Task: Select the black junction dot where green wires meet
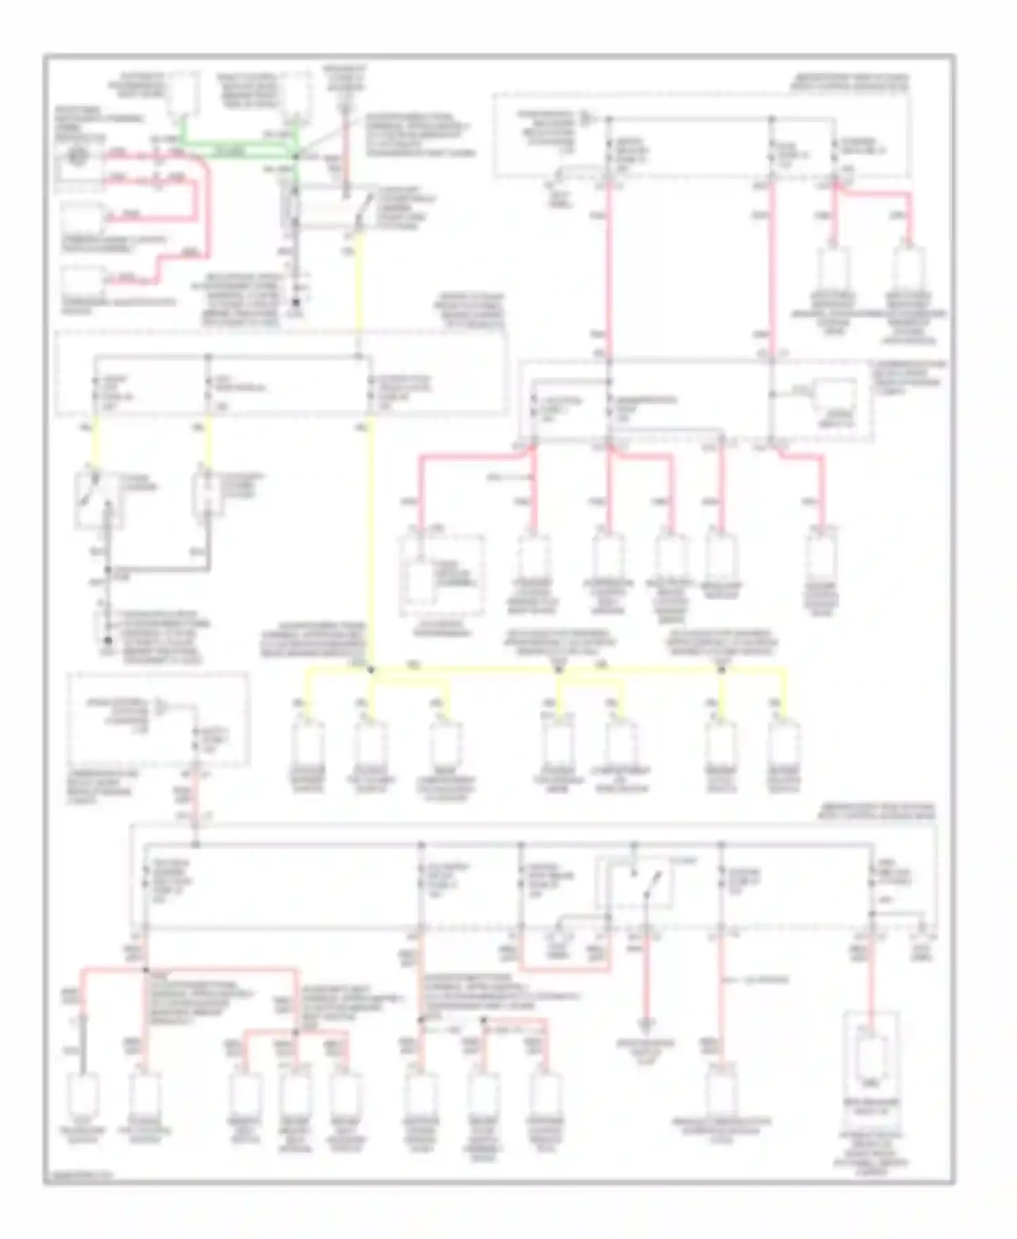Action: [296, 156]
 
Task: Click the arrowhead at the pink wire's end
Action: [646, 1022]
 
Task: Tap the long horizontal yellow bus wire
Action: [542, 670]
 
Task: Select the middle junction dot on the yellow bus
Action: [558, 670]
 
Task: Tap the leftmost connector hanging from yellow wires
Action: [308, 746]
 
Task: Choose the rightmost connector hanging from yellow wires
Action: [784, 746]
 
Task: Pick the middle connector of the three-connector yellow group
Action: [370, 746]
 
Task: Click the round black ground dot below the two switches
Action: [107, 640]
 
